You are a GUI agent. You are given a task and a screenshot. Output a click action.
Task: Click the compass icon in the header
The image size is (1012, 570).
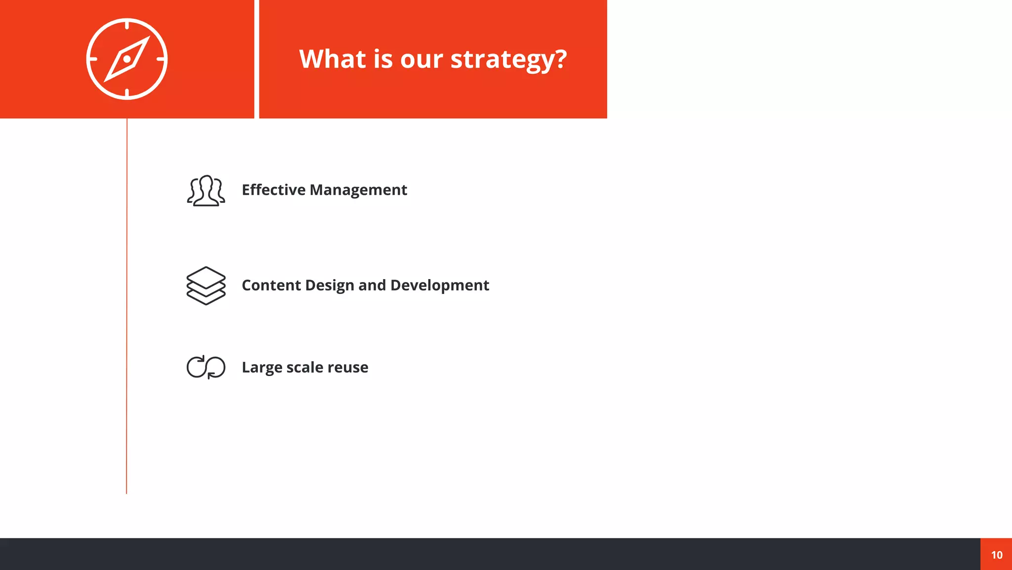click(x=127, y=59)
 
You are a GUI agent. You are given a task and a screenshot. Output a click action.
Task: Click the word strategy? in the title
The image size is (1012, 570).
click(x=508, y=60)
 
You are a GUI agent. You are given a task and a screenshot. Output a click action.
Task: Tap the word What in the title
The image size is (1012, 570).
click(x=332, y=59)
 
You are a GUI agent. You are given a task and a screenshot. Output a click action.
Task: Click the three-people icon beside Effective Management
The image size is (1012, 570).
click(x=206, y=190)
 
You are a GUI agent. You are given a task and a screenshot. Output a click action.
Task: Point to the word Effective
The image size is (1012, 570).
click(x=273, y=190)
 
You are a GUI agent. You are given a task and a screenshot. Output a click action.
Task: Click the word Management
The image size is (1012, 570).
click(x=358, y=190)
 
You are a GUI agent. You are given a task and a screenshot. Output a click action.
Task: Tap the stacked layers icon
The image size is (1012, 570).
click(x=206, y=285)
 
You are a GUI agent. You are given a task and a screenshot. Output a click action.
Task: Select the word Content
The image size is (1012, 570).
click(x=271, y=285)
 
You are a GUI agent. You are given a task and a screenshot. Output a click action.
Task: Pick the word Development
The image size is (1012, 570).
click(x=439, y=285)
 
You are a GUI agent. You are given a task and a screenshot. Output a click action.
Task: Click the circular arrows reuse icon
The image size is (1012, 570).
click(x=206, y=367)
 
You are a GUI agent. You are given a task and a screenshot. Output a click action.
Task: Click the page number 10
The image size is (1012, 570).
click(x=997, y=555)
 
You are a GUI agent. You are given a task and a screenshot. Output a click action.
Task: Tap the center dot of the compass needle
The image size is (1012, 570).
click(x=127, y=59)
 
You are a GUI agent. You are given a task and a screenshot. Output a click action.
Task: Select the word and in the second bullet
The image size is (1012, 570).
click(x=372, y=285)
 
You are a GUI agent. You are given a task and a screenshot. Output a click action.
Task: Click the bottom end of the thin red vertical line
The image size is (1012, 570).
click(x=126, y=492)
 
